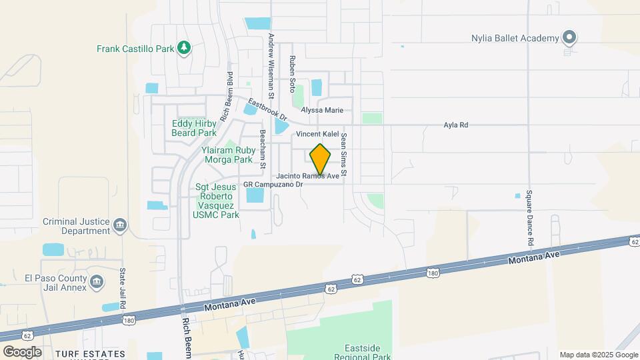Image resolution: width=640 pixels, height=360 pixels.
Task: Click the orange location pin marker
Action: click(321, 159)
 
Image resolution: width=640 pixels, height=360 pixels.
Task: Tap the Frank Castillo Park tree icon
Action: click(185, 48)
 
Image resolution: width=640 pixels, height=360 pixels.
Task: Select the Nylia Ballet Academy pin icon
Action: click(569, 38)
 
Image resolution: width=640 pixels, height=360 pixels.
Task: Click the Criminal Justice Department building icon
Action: click(120, 225)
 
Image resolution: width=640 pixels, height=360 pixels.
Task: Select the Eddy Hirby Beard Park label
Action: click(195, 128)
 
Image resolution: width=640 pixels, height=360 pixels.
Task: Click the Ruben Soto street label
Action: click(292, 73)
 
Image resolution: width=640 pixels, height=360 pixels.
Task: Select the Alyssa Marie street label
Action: click(322, 110)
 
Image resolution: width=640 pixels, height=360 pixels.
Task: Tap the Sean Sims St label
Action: click(344, 154)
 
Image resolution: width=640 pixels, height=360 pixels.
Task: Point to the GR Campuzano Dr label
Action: click(273, 183)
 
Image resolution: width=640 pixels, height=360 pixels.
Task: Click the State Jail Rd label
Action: click(122, 287)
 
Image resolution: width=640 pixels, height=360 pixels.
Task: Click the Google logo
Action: click(22, 351)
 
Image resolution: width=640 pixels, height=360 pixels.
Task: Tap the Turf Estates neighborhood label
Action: click(90, 353)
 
